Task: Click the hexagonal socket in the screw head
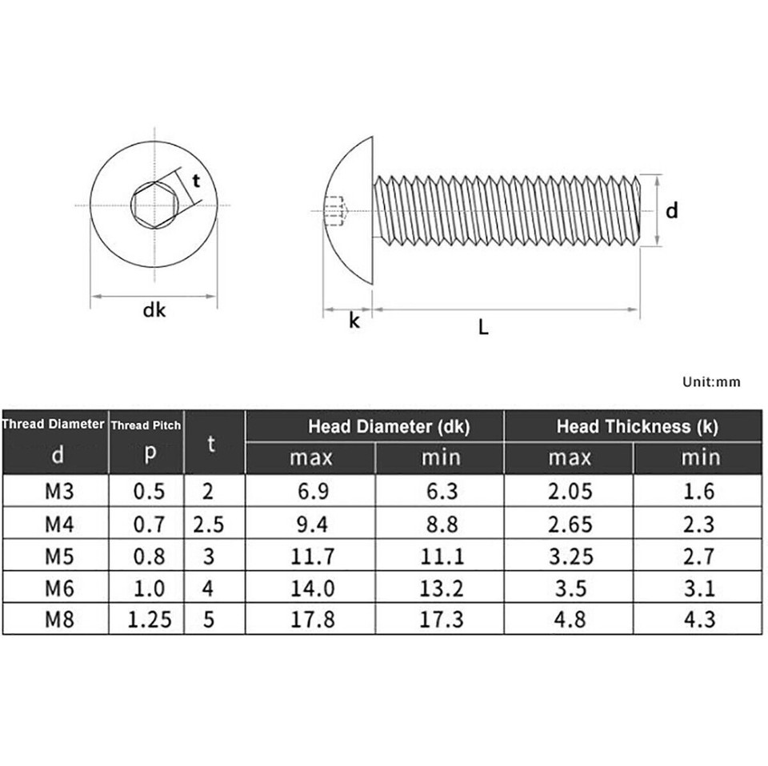pyautogui.click(x=153, y=206)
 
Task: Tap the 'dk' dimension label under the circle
pyautogui.click(x=154, y=310)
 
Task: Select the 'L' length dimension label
pyautogui.click(x=483, y=326)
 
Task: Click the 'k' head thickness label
pyautogui.click(x=354, y=321)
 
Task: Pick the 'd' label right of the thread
pyautogui.click(x=672, y=211)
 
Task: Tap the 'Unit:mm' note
pyautogui.click(x=711, y=381)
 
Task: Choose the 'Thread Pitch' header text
pyautogui.click(x=146, y=426)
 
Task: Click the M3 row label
pyautogui.click(x=57, y=490)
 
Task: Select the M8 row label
pyautogui.click(x=57, y=619)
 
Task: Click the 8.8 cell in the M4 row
pyautogui.click(x=439, y=523)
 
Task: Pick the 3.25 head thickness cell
pyautogui.click(x=569, y=555)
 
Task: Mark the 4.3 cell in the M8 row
pyautogui.click(x=698, y=619)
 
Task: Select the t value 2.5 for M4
pyautogui.click(x=208, y=523)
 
